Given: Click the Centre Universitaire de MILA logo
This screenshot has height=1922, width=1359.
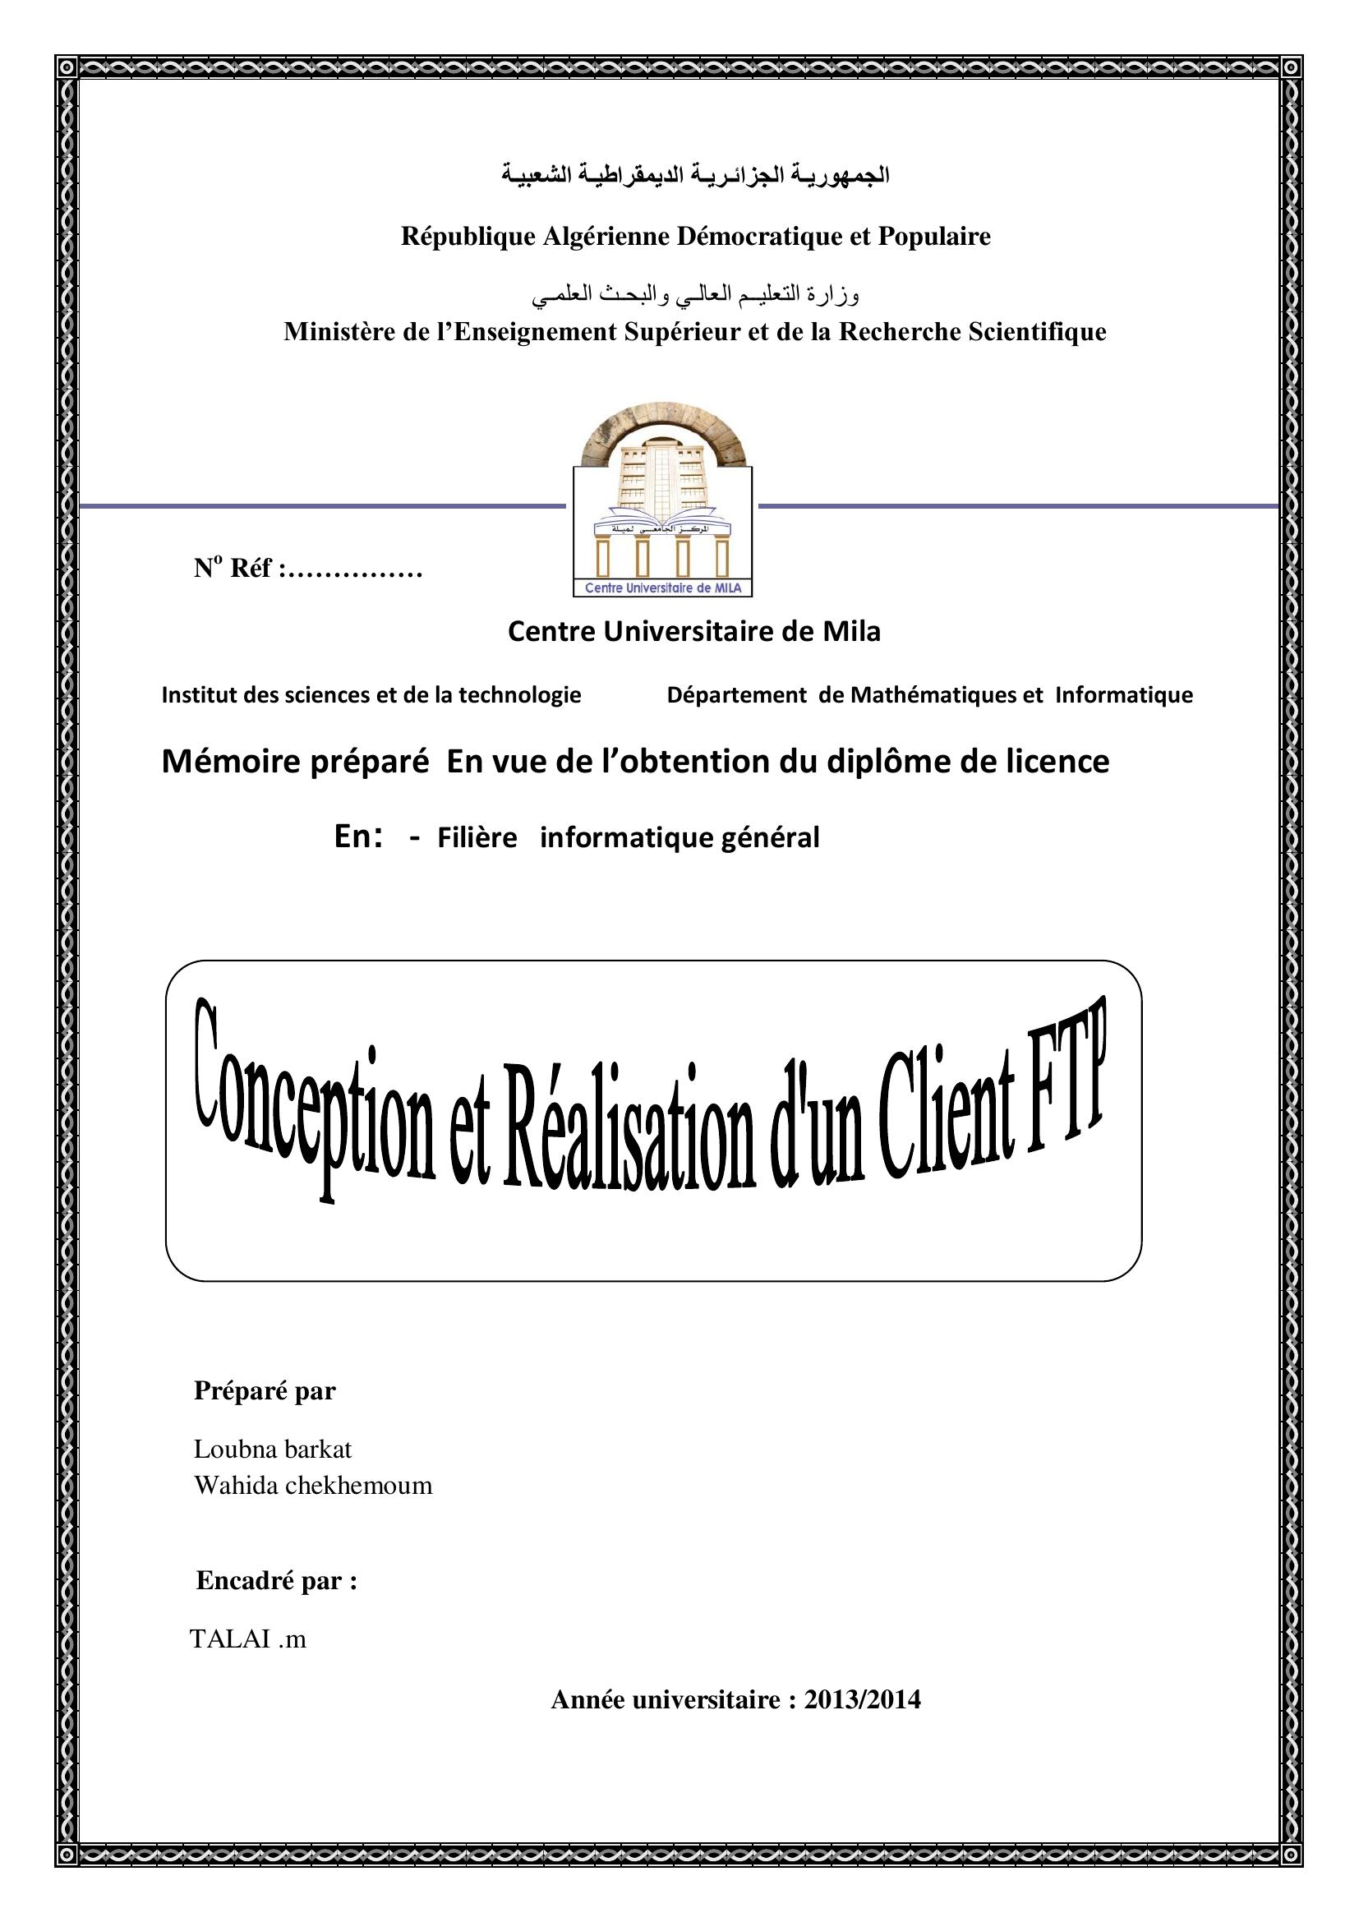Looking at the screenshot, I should pos(662,502).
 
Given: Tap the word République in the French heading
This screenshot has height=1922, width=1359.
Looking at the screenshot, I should pos(468,237).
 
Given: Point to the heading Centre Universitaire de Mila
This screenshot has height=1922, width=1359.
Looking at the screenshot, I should pos(693,631).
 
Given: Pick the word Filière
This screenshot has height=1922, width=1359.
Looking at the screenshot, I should pos(477,838).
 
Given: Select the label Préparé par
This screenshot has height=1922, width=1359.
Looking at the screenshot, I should pos(265,1390).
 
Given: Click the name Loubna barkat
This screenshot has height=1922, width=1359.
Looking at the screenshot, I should pos(273,1449).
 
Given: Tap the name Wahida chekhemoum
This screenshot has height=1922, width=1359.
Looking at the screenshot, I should pos(313,1486).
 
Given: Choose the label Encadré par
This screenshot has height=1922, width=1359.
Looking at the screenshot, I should pos(276,1580).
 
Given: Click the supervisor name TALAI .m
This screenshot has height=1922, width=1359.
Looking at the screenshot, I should pos(248,1639).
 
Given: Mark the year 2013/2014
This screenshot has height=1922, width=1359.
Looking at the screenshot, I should pos(862,1699).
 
